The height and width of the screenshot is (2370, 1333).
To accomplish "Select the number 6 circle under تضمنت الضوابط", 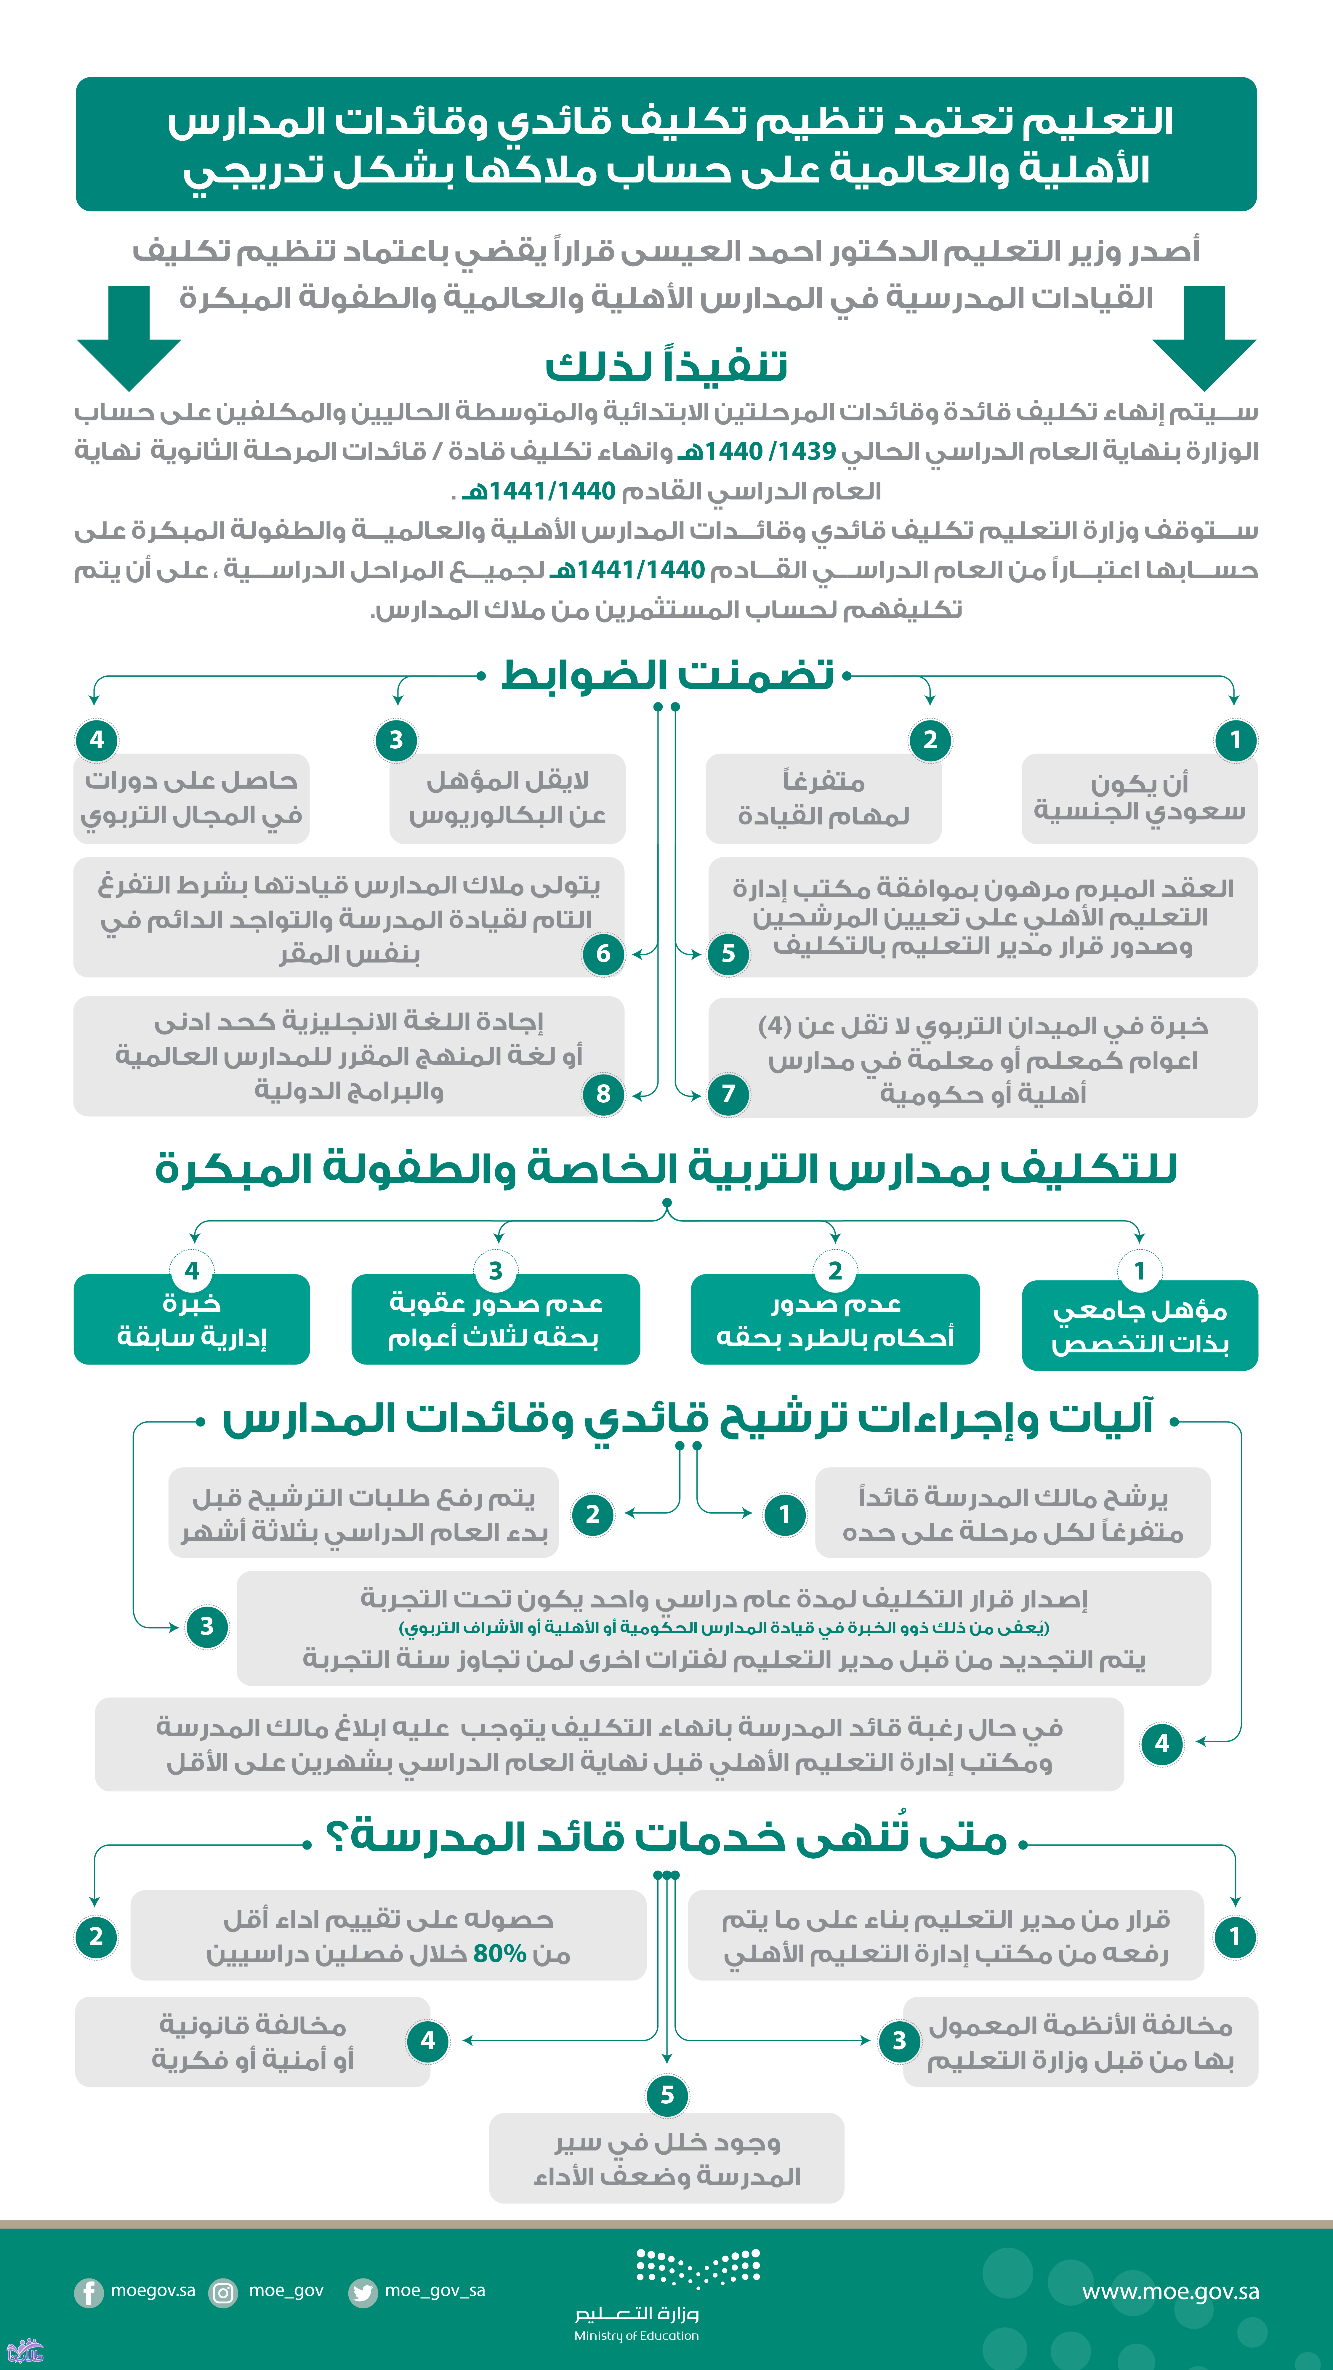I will coord(603,953).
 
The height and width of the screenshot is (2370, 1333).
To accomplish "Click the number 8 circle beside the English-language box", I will coord(603,1093).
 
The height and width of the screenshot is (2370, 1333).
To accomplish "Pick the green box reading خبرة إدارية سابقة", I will coord(191,1319).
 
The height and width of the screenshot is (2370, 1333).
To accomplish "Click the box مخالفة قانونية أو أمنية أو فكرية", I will coord(253,2041).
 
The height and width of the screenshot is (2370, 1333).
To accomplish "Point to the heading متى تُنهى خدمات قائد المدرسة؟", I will coord(666,1837).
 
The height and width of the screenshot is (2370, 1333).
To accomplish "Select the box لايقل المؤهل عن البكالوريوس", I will coord(507,798).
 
